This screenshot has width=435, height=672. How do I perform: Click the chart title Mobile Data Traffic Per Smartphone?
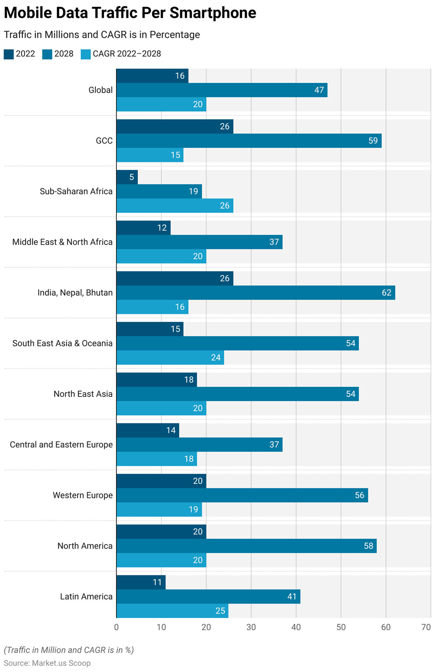click(x=130, y=13)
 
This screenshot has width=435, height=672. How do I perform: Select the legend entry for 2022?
click(x=20, y=54)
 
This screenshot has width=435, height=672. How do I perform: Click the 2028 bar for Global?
click(x=222, y=90)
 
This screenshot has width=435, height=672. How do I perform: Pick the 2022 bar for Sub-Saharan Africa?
click(x=127, y=177)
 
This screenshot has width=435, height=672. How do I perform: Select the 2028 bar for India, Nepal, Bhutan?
click(x=256, y=292)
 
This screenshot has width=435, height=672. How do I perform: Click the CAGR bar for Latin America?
click(x=172, y=611)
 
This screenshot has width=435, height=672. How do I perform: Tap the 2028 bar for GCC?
click(x=249, y=141)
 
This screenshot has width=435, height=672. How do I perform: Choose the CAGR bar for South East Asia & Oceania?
click(x=170, y=357)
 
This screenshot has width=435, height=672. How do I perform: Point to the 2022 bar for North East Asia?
click(x=157, y=380)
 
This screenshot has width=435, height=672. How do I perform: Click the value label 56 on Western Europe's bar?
click(x=359, y=495)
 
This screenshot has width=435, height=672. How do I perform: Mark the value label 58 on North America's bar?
click(x=368, y=546)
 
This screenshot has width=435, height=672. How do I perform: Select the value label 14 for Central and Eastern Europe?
click(x=171, y=430)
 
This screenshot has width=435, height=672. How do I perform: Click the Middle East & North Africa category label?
click(x=62, y=242)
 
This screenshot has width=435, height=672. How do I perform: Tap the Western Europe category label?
click(x=83, y=495)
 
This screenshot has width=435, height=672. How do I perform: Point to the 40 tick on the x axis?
click(x=296, y=627)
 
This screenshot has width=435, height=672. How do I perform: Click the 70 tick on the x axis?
click(x=426, y=627)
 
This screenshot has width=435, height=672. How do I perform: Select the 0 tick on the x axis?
click(x=116, y=627)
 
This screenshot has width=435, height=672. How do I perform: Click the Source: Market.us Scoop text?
click(x=47, y=663)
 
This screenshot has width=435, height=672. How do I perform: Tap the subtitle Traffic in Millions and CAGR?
click(x=102, y=35)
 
